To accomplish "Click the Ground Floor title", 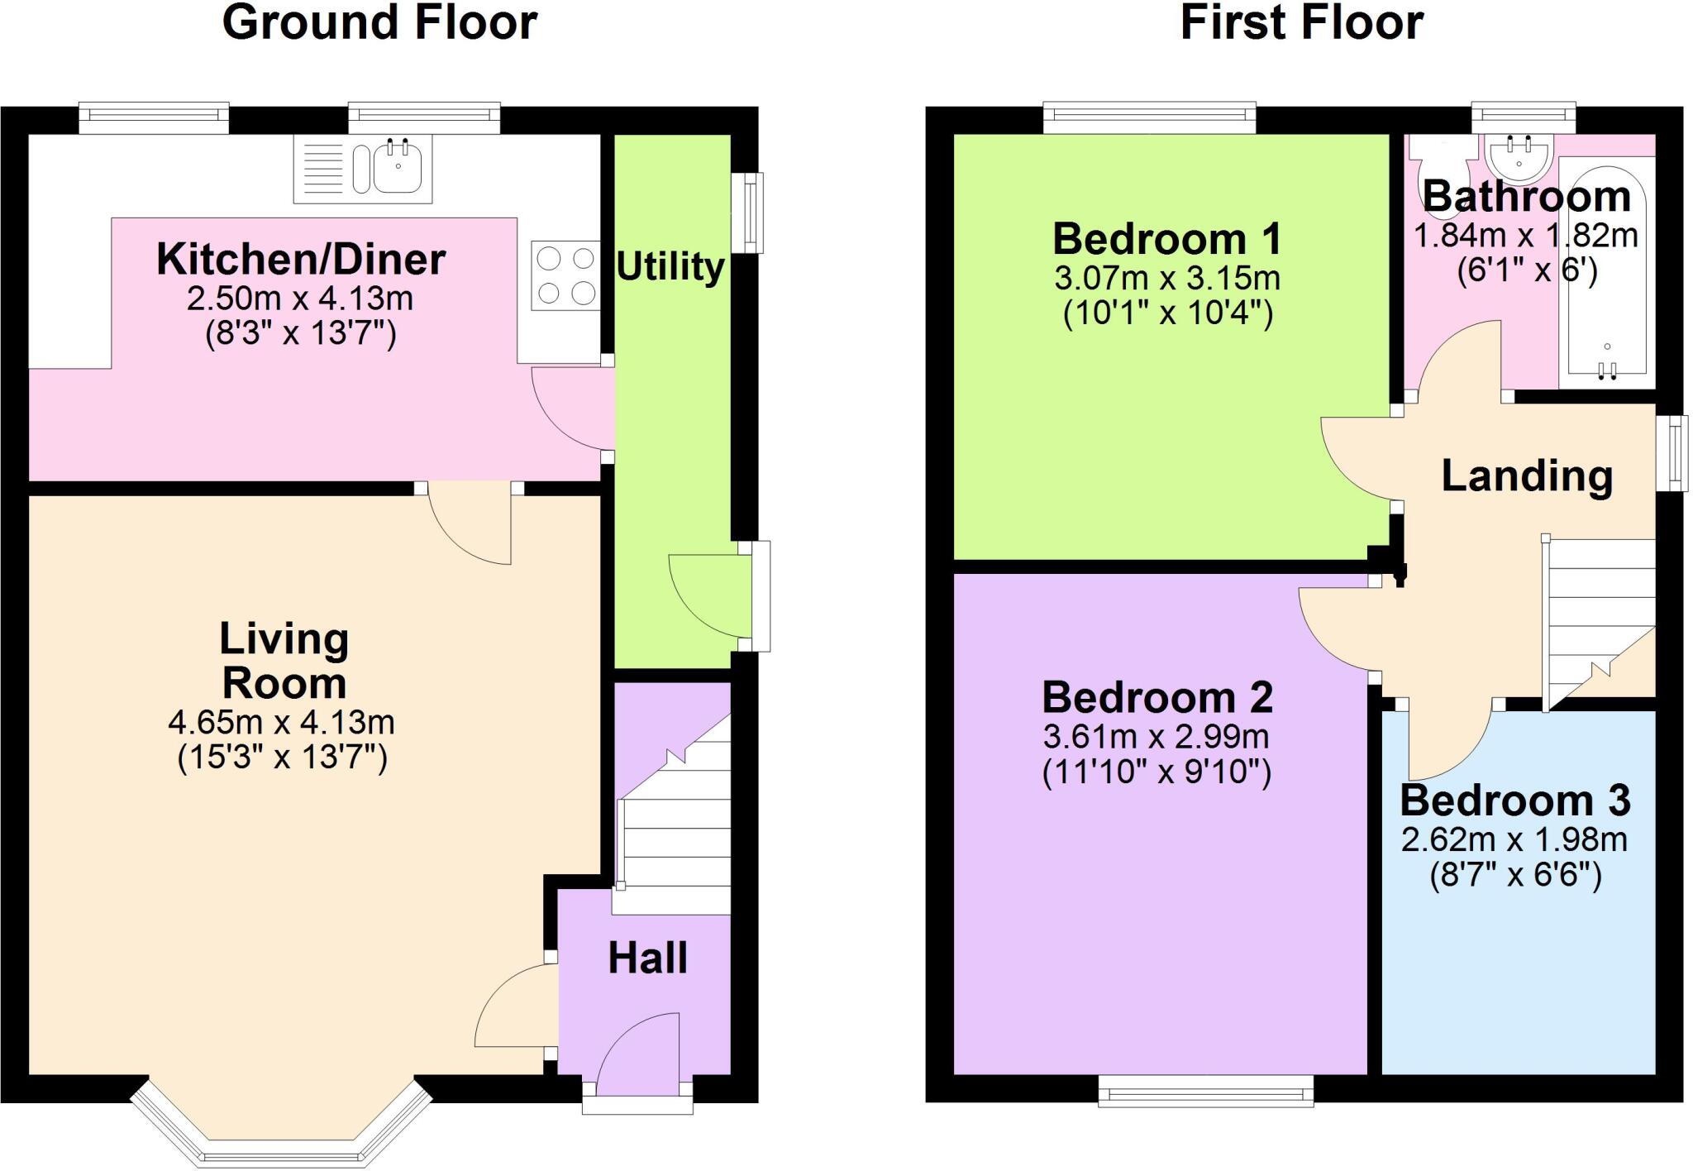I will pos(379,23).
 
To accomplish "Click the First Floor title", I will pos(1301,23).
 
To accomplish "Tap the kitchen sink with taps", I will pos(398,168).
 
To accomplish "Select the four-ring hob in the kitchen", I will pos(565,275).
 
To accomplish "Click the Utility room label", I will pos(670,267).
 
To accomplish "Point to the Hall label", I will pos(647,958).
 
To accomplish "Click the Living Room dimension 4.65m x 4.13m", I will pos(281,723).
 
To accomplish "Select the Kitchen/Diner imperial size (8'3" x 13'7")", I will pos(301,333).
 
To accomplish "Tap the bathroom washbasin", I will pos(1519,158).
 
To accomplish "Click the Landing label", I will pos(1527,476).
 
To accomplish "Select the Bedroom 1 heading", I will pos(1166,239).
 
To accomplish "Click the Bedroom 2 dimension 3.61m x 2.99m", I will pos(1156,736).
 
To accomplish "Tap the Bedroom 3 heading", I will pos(1514,801).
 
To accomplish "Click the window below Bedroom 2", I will pos(1205,1090).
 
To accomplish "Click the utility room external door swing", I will pos(707,594).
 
